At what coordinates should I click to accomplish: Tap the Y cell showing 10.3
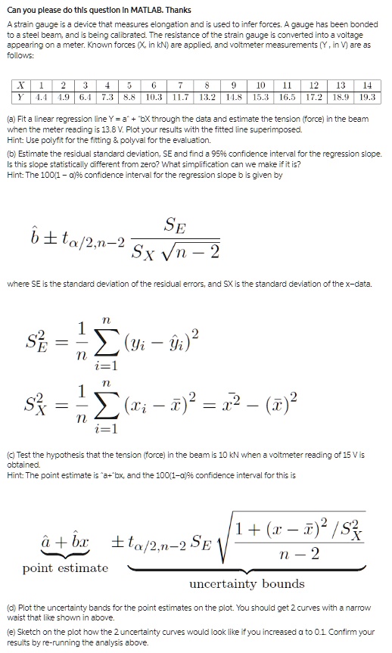(x=154, y=98)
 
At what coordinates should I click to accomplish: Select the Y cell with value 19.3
(x=369, y=98)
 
